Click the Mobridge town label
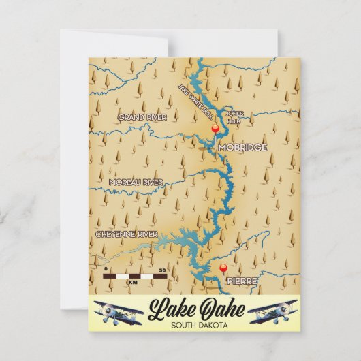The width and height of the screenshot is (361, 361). pos(242,147)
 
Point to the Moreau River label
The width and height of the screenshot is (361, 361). pos(136,182)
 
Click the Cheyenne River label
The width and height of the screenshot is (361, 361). pos(126,234)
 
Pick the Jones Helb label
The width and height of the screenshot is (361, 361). pos(234,116)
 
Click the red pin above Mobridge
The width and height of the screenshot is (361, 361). pos(215,129)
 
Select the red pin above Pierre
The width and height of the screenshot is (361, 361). pos(223,269)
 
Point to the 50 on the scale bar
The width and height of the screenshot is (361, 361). pos(161,271)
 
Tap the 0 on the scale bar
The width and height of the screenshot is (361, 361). pos(106,271)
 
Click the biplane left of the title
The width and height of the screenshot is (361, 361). pos(118,312)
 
